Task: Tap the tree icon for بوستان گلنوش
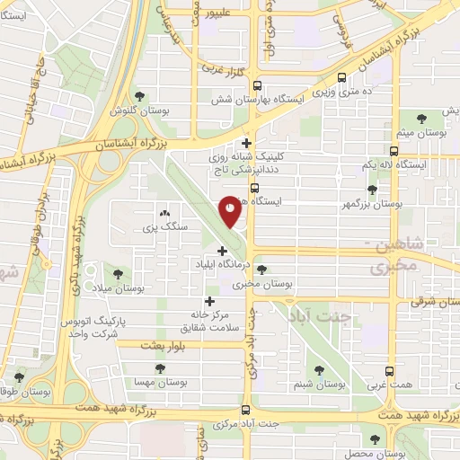coord(138,96)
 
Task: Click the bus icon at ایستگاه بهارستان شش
coord(258,87)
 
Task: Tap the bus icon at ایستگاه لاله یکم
coord(393,152)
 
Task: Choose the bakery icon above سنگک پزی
coord(164,214)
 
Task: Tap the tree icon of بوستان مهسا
coord(160,367)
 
